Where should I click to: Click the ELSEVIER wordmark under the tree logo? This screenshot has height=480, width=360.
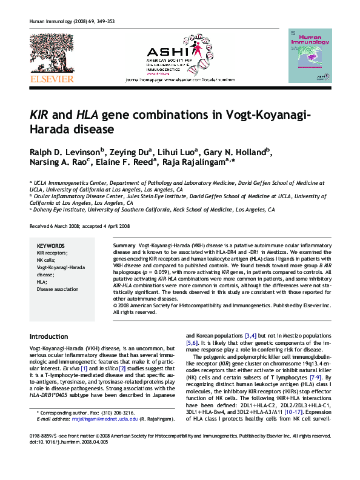[52, 79]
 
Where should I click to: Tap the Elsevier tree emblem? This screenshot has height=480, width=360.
[52, 53]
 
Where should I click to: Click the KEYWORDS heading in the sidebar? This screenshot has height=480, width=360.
[50, 246]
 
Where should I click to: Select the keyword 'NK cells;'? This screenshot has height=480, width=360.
[47, 259]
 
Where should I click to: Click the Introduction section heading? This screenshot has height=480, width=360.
[49, 336]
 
